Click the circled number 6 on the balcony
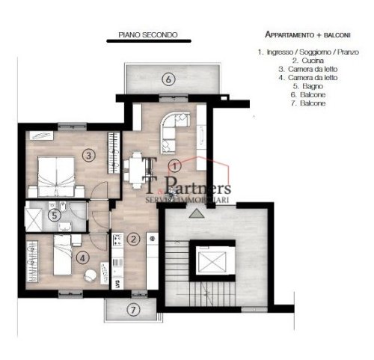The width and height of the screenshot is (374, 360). (169, 79)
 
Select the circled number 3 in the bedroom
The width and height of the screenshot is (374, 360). (88, 156)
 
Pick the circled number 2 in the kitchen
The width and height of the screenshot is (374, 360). (133, 240)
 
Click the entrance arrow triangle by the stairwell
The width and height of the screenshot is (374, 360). (196, 214)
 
